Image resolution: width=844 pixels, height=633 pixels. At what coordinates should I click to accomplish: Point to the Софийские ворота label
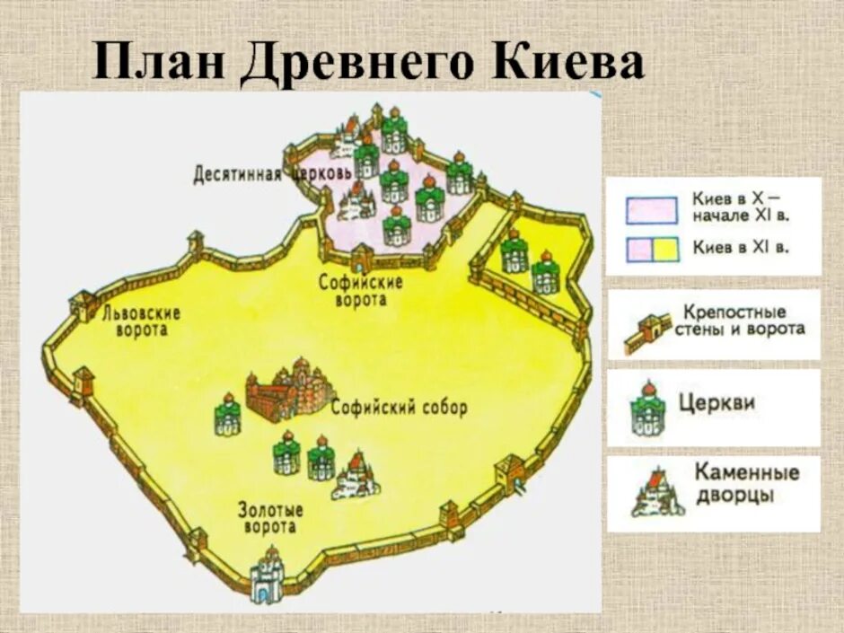(361, 291)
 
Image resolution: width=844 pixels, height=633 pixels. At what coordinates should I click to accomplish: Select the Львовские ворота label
(141, 321)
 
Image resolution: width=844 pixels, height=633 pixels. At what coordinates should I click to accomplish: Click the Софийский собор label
(399, 408)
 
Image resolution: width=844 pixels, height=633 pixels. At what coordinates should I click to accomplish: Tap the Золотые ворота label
(270, 518)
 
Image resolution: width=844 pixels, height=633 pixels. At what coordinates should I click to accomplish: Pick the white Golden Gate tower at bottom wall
(267, 575)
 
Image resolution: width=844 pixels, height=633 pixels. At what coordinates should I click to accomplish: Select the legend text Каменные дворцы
(745, 483)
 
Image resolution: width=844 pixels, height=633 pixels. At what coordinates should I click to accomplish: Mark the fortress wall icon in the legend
(648, 333)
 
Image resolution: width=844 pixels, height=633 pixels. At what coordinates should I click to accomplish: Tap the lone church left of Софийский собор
(228, 414)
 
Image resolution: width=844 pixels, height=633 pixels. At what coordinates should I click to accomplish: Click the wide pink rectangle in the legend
(651, 207)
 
